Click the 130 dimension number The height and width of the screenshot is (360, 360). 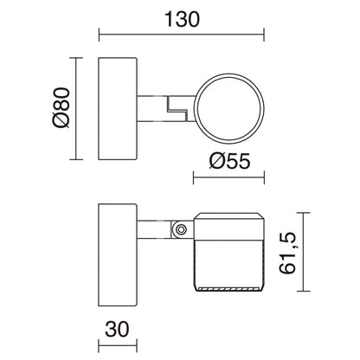pyautogui.click(x=180, y=17)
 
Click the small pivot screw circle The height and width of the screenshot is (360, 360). pyautogui.click(x=181, y=229)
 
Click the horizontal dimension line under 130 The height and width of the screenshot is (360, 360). pyautogui.click(x=180, y=36)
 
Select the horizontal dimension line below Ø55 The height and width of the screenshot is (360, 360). pyautogui.click(x=227, y=180)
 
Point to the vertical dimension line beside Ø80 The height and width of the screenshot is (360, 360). pyautogui.click(x=80, y=109)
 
